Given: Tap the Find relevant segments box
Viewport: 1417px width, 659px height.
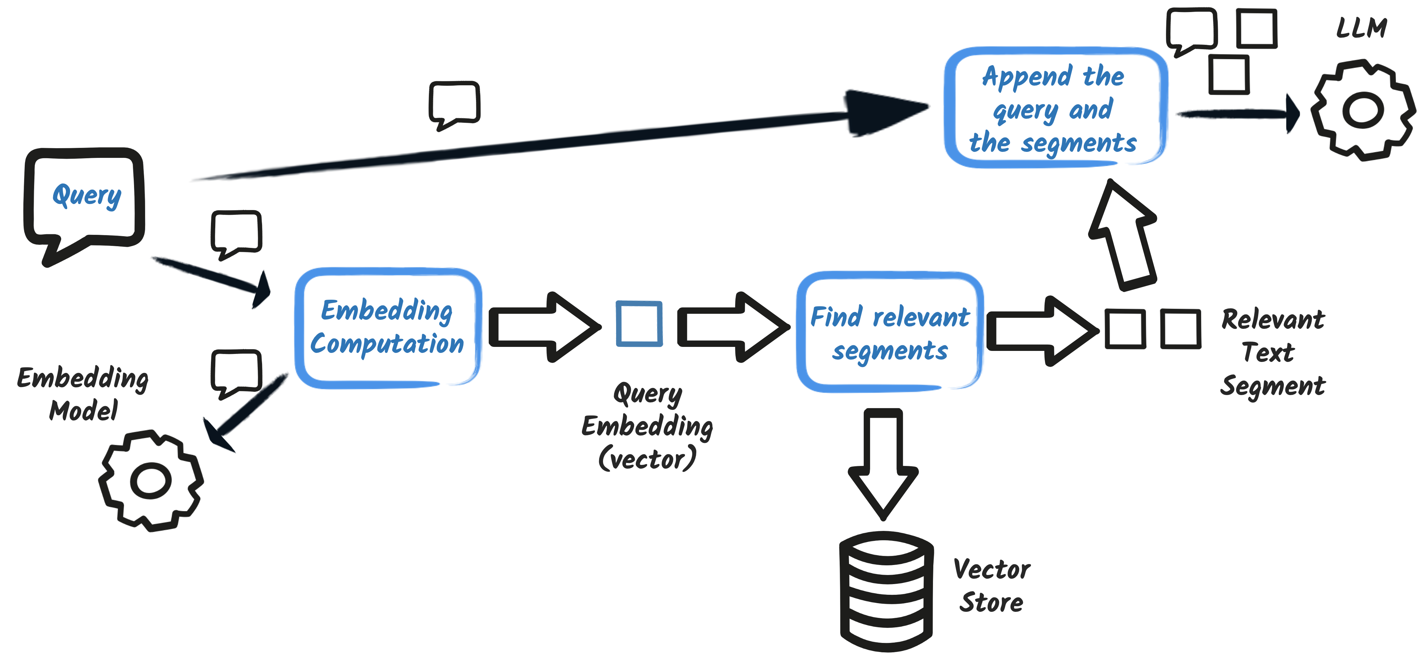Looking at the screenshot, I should click(x=890, y=332).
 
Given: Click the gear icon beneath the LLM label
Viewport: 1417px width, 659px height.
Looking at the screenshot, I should click(x=1362, y=110).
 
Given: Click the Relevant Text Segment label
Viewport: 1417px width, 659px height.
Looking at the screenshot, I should click(x=1272, y=352).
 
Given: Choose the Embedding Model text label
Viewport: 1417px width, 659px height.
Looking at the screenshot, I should click(x=83, y=394).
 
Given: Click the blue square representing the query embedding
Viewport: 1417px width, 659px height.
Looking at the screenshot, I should click(x=639, y=324).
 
